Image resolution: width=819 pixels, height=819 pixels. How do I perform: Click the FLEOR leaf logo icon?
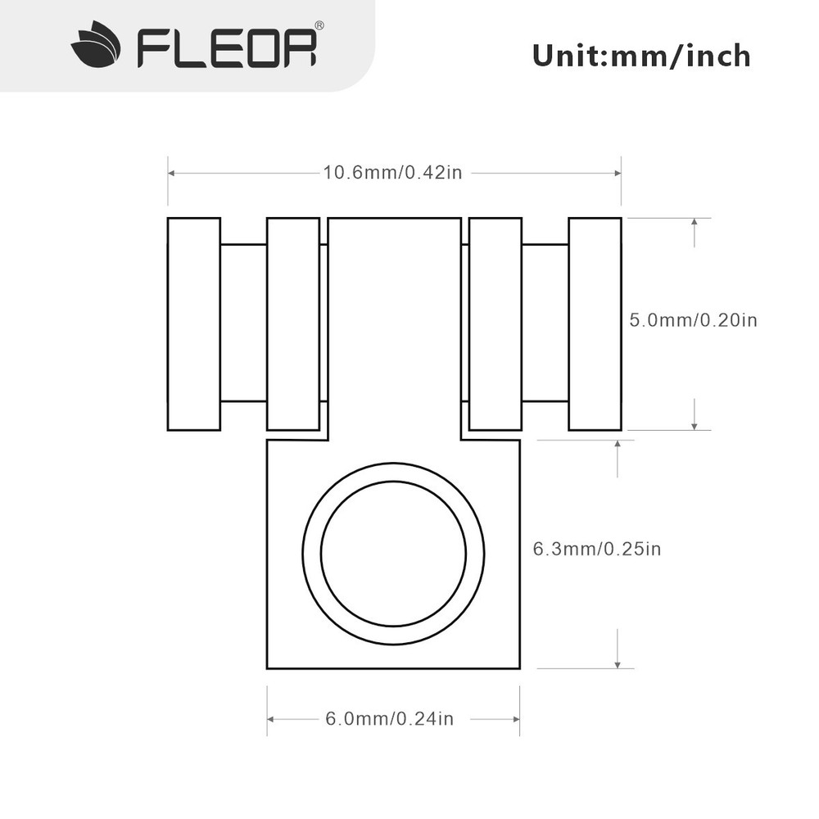pyautogui.click(x=96, y=45)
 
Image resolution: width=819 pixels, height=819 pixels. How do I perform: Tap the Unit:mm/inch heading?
pyautogui.click(x=641, y=56)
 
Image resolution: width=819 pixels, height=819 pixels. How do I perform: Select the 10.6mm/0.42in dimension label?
pyautogui.click(x=393, y=172)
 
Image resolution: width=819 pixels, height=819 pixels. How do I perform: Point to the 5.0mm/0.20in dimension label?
pyautogui.click(x=693, y=319)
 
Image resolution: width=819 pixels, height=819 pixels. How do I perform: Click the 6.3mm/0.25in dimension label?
pyautogui.click(x=597, y=549)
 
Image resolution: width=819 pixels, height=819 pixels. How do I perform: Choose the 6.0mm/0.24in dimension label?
pyautogui.click(x=390, y=719)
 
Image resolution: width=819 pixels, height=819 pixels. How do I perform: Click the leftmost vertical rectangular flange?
pyautogui.click(x=194, y=324)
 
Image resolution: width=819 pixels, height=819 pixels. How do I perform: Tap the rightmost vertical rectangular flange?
pyautogui.click(x=595, y=324)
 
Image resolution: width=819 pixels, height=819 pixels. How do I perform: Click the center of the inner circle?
pyautogui.click(x=393, y=554)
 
